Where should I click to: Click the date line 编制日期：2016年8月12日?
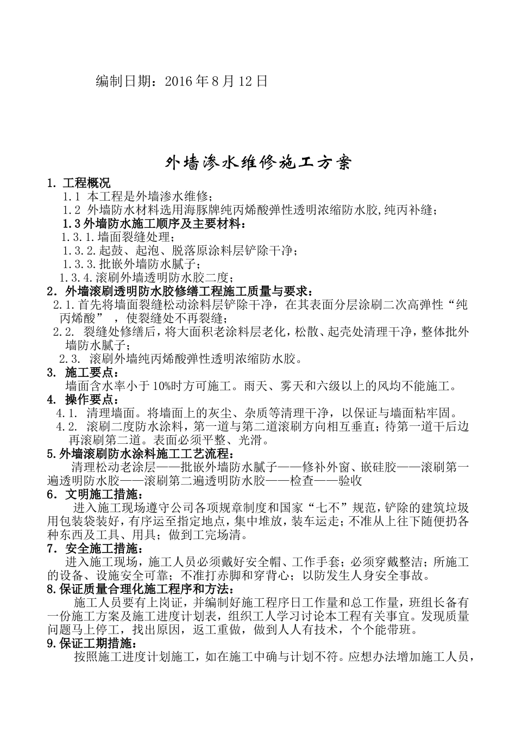(181, 82)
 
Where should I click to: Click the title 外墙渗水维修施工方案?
(259, 162)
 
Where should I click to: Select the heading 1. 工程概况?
(79, 183)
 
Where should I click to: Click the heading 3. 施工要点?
(81, 373)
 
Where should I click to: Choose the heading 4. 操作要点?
(81, 400)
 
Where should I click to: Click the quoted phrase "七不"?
(328, 508)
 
